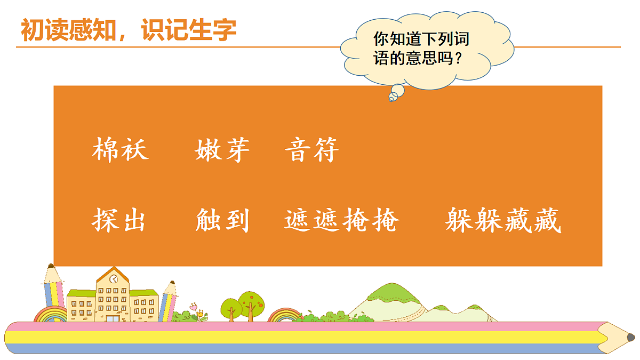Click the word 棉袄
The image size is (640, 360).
pos(120,150)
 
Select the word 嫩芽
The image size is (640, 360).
pos(222,150)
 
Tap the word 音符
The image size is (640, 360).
pos(312,150)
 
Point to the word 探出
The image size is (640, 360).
pos(120,220)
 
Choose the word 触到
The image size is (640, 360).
pos(222,220)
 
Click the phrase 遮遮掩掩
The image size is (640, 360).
pos(341,220)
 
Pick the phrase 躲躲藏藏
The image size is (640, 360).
pos(503,220)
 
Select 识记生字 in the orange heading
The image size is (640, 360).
pos(189,30)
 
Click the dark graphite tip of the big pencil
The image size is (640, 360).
pos(630,338)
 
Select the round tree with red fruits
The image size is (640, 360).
pos(250,305)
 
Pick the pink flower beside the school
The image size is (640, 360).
pos(193,307)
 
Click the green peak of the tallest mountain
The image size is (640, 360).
pos(391,291)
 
